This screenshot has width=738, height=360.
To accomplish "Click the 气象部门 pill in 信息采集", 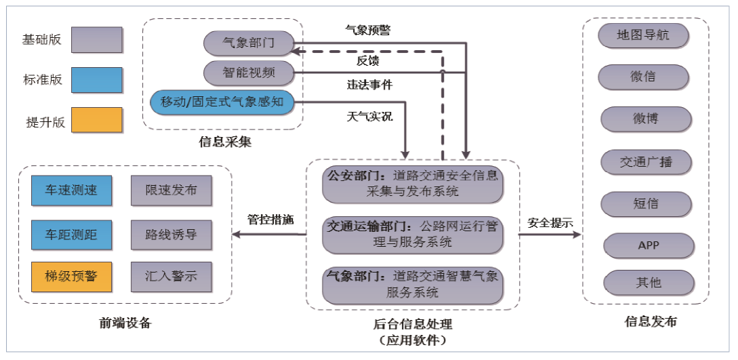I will tap(249, 43).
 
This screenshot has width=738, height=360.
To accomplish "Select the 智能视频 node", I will tap(249, 72).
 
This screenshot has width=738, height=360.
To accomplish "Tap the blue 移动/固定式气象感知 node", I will tap(222, 102).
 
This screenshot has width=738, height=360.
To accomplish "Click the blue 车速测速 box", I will tap(71, 190).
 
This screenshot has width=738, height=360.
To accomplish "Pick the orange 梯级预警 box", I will tap(71, 277).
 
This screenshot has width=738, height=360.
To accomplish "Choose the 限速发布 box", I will tap(171, 190).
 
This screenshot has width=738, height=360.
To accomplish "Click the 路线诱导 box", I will tap(171, 234).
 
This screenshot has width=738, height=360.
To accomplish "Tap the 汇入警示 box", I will tap(171, 277).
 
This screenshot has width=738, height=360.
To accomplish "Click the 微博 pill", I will tap(646, 119).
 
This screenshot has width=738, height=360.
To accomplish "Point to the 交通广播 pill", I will tap(646, 162).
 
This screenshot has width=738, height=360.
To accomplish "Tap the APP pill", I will tap(648, 245).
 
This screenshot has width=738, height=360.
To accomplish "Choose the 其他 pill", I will tap(648, 282).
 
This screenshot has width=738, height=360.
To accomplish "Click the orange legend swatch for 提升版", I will tap(96, 121).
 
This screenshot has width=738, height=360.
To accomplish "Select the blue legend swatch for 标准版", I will tap(96, 80).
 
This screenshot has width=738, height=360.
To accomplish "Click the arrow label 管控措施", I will tap(270, 219).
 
